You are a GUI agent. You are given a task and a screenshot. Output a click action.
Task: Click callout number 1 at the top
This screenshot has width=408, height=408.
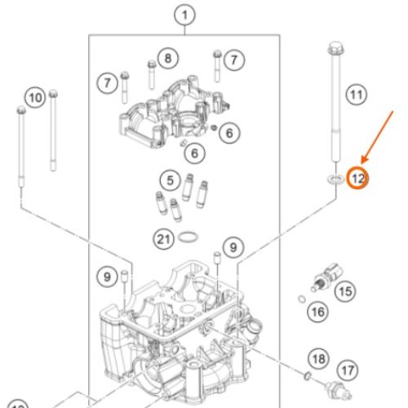[184, 15]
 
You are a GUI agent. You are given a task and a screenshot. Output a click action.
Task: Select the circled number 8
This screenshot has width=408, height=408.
[168, 58]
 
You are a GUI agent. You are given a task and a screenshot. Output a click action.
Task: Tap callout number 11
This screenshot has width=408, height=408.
[357, 95]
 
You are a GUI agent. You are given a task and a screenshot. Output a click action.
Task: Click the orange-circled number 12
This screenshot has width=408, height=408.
[357, 179]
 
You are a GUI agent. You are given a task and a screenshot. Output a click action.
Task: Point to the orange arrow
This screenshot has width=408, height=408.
[377, 137]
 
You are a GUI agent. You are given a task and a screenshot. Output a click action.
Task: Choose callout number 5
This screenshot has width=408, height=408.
[171, 180]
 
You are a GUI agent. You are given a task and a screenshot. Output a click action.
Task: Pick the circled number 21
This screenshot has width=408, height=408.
[163, 239]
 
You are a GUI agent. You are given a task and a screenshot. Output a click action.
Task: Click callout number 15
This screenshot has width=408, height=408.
[345, 291]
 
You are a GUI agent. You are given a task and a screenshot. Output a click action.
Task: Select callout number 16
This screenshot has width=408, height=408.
[317, 312]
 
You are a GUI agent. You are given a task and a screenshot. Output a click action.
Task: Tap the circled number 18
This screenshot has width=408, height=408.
[319, 359]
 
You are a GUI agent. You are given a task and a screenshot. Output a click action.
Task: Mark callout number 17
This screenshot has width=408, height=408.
[348, 370]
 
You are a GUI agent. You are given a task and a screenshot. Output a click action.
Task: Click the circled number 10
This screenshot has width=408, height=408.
[35, 98]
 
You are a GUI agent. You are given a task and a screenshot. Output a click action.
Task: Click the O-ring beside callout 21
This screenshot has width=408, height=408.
[188, 237]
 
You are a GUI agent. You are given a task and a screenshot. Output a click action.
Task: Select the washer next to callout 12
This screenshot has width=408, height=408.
[335, 179]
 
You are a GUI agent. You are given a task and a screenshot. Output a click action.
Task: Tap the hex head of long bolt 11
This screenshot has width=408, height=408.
[336, 48]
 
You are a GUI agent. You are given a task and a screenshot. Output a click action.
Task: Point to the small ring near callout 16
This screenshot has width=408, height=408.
[302, 299]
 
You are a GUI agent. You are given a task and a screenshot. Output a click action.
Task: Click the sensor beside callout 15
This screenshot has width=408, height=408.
[326, 277]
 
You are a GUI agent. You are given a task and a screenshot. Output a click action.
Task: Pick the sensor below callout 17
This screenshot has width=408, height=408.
[339, 390]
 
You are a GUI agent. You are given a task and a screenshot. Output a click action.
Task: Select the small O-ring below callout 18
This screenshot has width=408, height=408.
[308, 376]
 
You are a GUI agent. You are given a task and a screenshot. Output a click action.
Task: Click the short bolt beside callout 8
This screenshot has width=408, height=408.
[152, 75]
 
